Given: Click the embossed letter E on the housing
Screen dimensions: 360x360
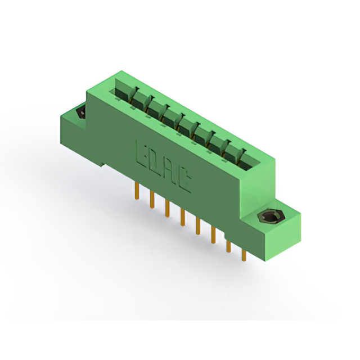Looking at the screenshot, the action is [141, 152].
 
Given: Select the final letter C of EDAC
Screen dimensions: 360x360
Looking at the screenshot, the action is [184, 181].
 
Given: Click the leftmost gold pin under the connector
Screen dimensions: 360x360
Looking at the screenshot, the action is [137, 191].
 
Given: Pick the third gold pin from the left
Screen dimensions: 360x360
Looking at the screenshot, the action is [168, 209].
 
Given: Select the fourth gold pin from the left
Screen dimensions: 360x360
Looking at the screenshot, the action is [182, 217].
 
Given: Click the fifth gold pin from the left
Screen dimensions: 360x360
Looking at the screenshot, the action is [198, 226].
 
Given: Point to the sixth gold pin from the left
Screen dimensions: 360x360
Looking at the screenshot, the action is [213, 235].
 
